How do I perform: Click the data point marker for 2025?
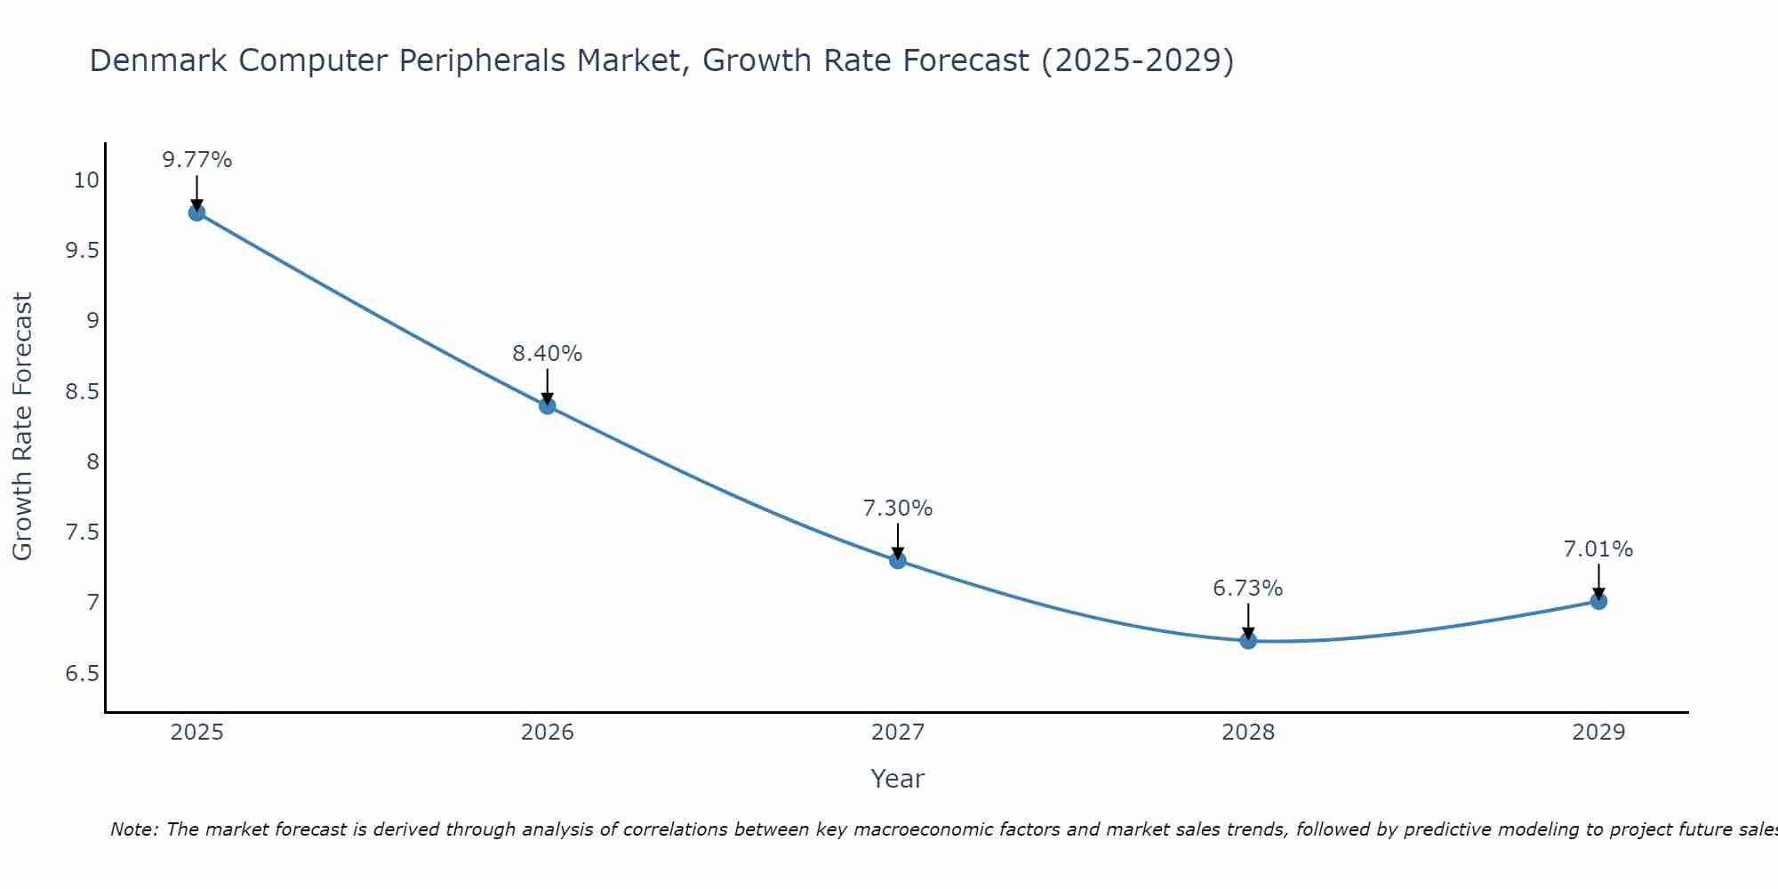(196, 212)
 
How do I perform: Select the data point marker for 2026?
(548, 406)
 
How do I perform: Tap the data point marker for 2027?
(898, 560)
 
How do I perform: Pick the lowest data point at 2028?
(1248, 640)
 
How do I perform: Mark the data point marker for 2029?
(1598, 601)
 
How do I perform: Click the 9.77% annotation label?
(196, 160)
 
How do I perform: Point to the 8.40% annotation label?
(548, 354)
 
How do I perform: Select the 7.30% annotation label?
(898, 509)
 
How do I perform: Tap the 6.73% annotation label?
(1248, 589)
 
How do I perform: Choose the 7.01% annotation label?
(1598, 549)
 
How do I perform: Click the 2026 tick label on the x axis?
(548, 733)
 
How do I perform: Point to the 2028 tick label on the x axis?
(1248, 733)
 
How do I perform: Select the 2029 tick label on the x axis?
(1598, 733)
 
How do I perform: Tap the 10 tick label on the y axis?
(86, 180)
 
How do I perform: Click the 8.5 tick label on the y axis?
(83, 391)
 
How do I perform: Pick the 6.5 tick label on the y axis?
(83, 673)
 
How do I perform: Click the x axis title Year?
(898, 779)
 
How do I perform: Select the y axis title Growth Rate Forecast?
(22, 427)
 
